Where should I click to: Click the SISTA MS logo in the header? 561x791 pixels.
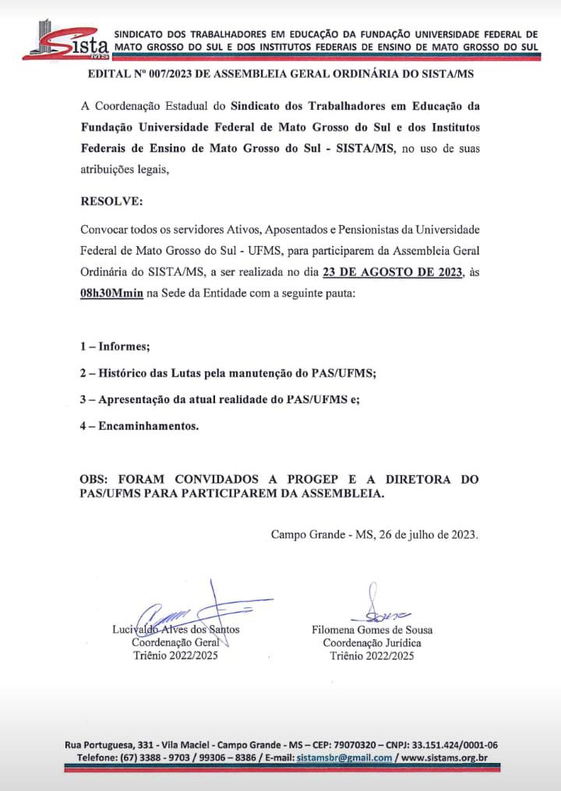[65, 40]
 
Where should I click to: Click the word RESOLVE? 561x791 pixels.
[111, 201]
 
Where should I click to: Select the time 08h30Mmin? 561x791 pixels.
[111, 292]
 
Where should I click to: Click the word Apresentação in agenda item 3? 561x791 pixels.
[138, 399]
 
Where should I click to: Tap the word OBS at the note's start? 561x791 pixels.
[97, 479]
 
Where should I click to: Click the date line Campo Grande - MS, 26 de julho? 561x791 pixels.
[375, 534]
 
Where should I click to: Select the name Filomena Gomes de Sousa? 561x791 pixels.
[372, 629]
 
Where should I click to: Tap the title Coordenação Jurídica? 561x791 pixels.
[372, 642]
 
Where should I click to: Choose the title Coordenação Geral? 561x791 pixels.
[175, 642]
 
